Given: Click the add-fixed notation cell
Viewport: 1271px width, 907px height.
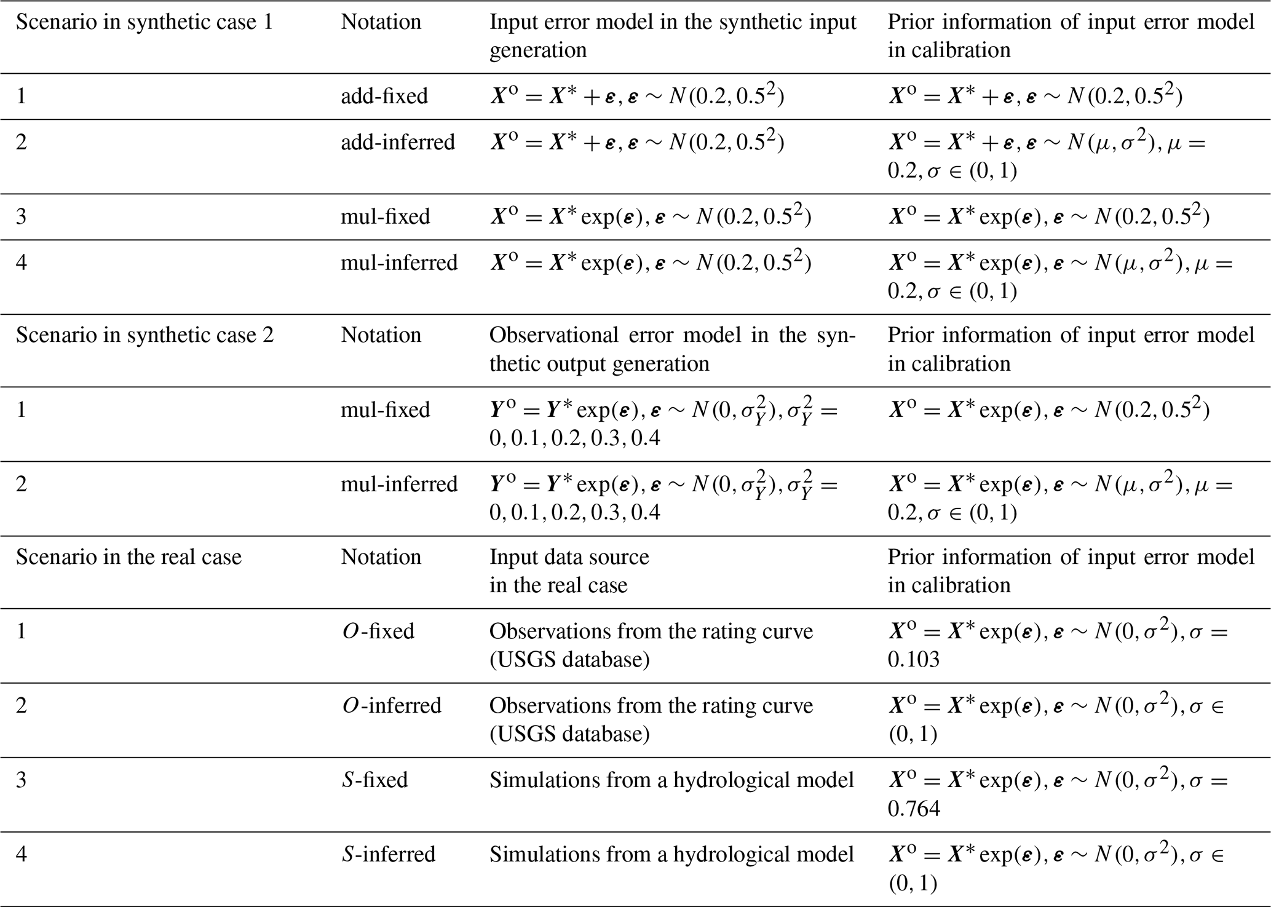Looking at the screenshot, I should click(384, 97).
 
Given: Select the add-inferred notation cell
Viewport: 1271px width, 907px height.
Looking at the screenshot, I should click(398, 143).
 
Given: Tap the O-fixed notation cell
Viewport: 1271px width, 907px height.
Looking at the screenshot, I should click(378, 632).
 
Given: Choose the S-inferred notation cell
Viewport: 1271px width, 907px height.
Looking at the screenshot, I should click(389, 854).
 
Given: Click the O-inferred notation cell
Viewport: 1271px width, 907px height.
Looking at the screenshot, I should click(392, 705).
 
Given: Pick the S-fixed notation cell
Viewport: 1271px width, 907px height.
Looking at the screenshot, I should click(375, 780).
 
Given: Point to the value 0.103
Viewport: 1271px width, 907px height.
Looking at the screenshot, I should click(913, 660).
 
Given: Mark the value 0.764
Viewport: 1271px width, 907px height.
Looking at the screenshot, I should click(914, 808).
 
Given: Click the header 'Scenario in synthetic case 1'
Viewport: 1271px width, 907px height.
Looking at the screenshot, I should click(144, 23).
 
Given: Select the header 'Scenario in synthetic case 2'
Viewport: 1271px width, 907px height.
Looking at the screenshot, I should click(145, 336).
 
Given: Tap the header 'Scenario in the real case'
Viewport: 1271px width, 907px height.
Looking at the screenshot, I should click(129, 558).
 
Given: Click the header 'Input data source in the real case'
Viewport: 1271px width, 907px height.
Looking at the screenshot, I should click(569, 571).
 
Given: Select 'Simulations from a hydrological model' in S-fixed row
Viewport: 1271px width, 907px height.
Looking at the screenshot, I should click(671, 780).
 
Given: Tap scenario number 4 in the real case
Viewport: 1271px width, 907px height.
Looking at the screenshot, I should click(22, 854).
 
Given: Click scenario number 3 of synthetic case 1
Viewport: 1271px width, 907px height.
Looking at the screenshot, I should click(22, 217).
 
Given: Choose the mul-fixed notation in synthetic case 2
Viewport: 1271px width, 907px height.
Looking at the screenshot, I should click(386, 410).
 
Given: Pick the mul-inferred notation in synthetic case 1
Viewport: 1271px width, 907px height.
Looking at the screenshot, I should click(399, 263).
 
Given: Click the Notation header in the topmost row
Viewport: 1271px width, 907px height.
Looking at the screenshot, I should click(381, 23).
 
